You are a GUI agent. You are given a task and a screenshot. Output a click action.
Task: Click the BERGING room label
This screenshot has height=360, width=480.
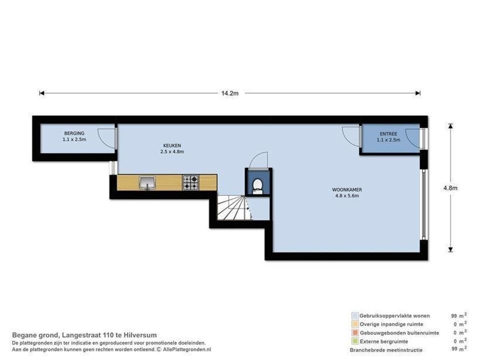[x=74, y=133]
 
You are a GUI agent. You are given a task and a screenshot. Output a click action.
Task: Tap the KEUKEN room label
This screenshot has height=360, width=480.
[x=172, y=145]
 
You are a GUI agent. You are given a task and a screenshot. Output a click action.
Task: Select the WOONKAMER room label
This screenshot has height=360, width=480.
[x=347, y=190]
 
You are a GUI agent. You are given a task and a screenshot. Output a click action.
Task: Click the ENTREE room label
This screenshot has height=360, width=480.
[x=388, y=134]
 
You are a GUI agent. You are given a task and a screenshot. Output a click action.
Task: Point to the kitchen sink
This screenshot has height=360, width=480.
[x=147, y=183]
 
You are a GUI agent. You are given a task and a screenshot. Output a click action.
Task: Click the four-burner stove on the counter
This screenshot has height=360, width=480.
[x=190, y=182]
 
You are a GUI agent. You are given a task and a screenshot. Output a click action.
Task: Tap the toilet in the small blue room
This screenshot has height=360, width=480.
[x=257, y=186]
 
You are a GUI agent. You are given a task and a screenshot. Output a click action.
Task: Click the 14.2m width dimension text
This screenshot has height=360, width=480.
[x=230, y=93]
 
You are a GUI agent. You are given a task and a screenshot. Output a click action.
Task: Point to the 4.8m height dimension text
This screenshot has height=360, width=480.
[x=450, y=188]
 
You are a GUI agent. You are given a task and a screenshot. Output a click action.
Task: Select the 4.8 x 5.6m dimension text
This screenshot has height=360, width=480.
[x=347, y=196]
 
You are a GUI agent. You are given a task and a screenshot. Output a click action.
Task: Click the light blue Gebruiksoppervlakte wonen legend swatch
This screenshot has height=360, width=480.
[x=355, y=315]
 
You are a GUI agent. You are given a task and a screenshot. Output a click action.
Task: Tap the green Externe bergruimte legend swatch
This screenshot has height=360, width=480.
[x=355, y=341]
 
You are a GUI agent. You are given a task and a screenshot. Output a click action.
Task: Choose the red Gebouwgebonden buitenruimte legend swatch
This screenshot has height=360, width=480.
[x=355, y=332]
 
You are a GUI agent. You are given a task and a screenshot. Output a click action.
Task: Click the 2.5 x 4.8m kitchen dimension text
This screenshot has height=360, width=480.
[x=172, y=151]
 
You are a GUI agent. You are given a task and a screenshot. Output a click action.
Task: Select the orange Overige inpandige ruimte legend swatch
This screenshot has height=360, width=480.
[x=355, y=324]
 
